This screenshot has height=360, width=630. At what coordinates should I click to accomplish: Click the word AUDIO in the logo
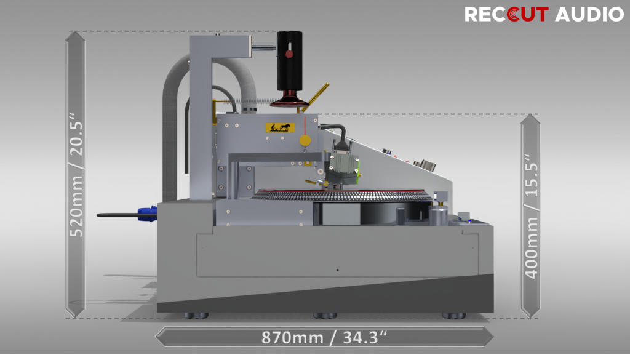pos(589,14)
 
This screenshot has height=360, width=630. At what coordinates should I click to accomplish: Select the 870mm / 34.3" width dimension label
pos(324,337)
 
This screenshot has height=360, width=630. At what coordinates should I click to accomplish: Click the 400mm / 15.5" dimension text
pos(531,216)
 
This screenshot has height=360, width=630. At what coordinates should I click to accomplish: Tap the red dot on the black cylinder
pos(289,54)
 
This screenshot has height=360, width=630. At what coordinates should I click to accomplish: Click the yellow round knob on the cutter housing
pos(305,141)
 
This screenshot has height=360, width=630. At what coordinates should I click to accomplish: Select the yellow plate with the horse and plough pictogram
pos(280,127)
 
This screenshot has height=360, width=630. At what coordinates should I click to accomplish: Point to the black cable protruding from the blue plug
pos(117,215)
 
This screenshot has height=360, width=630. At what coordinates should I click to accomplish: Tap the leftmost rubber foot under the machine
pos(196,316)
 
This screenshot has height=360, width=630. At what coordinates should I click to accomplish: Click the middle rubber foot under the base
pos(324,316)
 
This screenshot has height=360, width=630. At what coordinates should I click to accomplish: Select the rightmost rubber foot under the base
pos(453,316)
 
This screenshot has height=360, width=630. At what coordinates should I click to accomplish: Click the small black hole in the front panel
pos(337,270)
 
